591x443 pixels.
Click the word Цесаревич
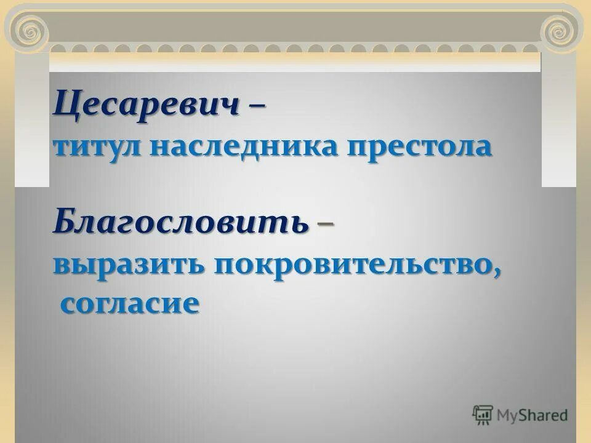click(146, 106)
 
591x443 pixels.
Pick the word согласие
click(130, 304)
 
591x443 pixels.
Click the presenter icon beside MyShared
click(483, 415)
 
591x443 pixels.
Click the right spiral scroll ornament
click(560, 29)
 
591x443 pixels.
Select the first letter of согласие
click(67, 305)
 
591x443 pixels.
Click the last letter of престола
click(483, 150)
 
